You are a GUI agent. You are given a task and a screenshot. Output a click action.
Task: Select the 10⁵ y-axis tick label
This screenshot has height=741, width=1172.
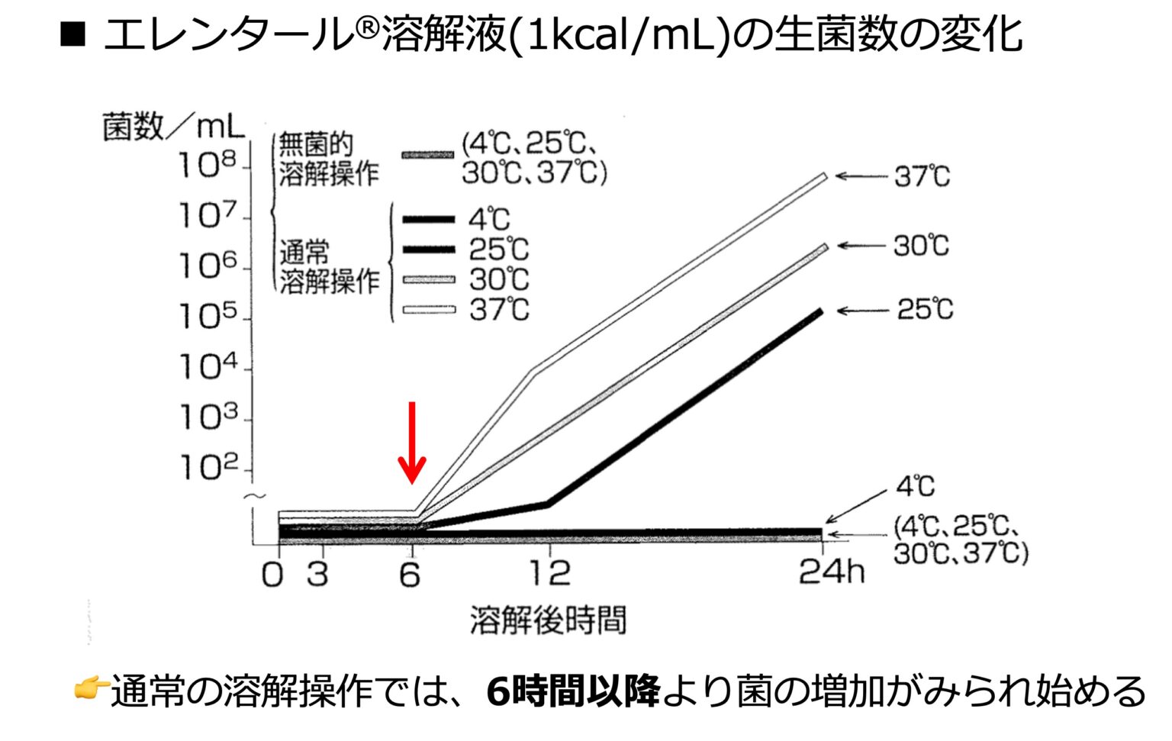coord(207,316)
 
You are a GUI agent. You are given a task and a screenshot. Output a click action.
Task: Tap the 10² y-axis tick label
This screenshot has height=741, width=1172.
coord(207,467)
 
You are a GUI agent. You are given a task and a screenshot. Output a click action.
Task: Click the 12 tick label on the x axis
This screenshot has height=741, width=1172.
coord(549,573)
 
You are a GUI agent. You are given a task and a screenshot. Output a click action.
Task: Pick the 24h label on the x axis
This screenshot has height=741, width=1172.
coord(831,572)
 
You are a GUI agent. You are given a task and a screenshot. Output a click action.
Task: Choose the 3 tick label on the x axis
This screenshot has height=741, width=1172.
coord(317,573)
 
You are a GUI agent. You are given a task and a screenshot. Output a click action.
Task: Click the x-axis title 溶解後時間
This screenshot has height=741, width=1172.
coord(548,620)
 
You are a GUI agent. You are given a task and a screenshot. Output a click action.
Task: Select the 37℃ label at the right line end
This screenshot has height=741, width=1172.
coord(922,177)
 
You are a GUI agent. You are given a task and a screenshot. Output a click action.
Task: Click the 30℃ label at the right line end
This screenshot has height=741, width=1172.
coord(922,246)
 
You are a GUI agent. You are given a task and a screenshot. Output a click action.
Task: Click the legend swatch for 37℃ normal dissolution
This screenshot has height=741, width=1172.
coord(429,310)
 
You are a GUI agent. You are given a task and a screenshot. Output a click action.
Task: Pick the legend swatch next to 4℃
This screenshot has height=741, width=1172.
coord(429,220)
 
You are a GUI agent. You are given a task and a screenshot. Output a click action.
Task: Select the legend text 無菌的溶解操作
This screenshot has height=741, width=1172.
coord(328,159)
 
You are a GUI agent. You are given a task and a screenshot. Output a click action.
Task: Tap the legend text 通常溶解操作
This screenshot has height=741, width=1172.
coord(328,266)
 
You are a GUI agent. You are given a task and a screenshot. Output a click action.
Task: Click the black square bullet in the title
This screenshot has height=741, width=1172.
coord(73,34)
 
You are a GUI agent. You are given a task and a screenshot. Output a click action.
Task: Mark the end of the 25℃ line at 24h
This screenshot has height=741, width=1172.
coord(820,311)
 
